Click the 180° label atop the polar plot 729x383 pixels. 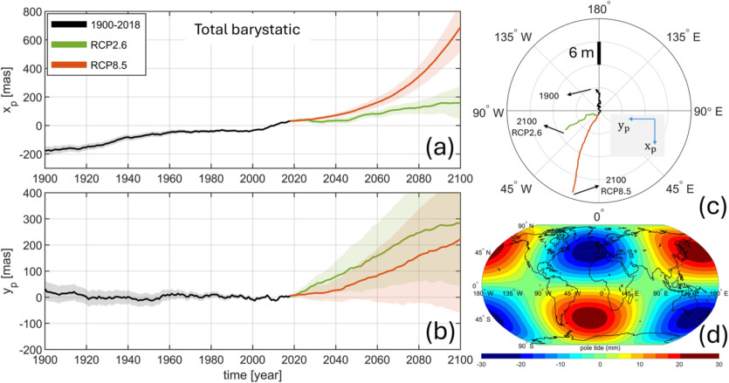[x=598, y=9]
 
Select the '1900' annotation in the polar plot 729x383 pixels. [x=552, y=96]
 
